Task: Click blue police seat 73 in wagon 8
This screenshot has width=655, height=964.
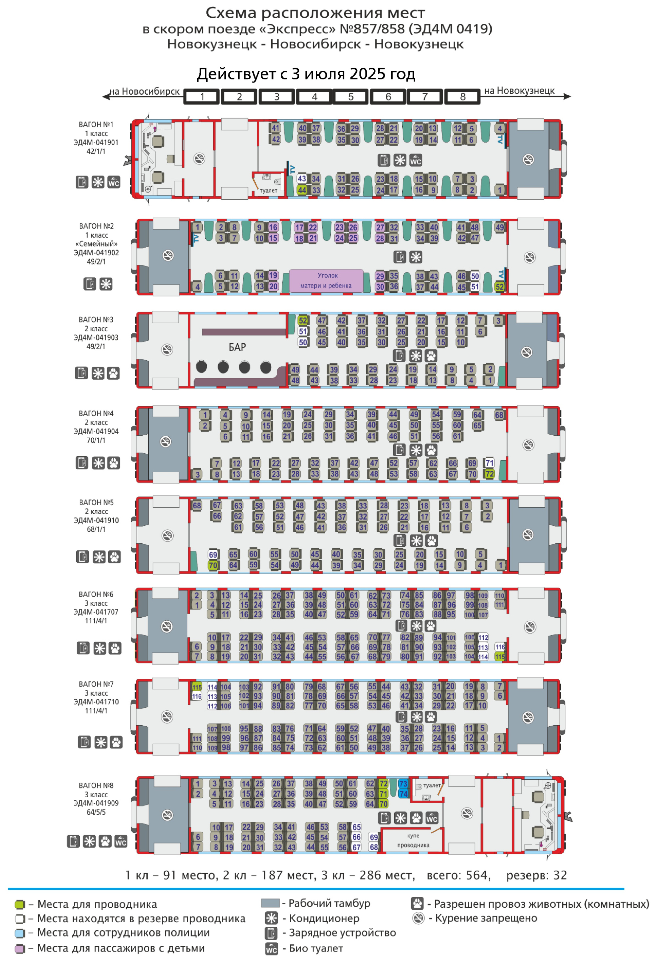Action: coord(403,784)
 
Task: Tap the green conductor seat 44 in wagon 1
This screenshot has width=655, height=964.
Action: coord(302,190)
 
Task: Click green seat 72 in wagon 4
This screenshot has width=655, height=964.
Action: coord(490,474)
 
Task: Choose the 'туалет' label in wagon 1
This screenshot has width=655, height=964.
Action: coord(269,190)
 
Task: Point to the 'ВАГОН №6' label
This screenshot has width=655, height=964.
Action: coord(96,594)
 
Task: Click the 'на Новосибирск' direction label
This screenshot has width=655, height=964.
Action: coord(144,91)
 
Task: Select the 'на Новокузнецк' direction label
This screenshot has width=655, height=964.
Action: coord(519,91)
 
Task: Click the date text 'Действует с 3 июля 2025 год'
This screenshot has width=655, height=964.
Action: coord(306,74)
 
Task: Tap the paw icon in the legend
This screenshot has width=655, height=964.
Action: coord(417,903)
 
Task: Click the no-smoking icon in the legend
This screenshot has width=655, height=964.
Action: coord(419,918)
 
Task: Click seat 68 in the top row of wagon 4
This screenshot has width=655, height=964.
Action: coord(499,415)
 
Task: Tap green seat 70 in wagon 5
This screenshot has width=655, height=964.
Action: coord(213,565)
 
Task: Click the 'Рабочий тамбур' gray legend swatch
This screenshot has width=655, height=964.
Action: coord(271,903)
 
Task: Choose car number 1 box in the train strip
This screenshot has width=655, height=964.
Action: coord(202,97)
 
